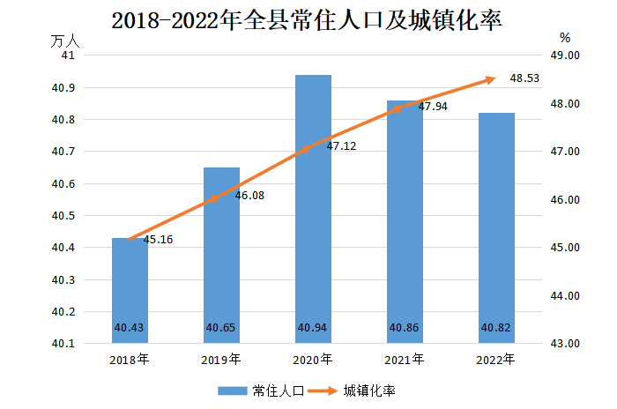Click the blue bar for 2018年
pyautogui.click(x=130, y=291)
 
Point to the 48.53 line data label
pyautogui.click(x=524, y=78)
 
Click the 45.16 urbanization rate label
pyautogui.click(x=157, y=239)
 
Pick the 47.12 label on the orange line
pyautogui.click(x=341, y=146)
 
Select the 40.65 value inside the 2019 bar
pyautogui.click(x=221, y=328)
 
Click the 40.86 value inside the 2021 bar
pyautogui.click(x=405, y=328)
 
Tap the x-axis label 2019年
pyautogui.click(x=221, y=360)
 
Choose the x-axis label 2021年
pyautogui.click(x=405, y=360)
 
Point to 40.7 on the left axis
pyautogui.click(x=64, y=152)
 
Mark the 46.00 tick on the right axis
pyautogui.click(x=564, y=200)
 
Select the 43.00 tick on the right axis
pyautogui.click(x=564, y=344)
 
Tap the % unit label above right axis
pyautogui.click(x=565, y=38)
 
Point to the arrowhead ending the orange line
pyautogui.click(x=491, y=79)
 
